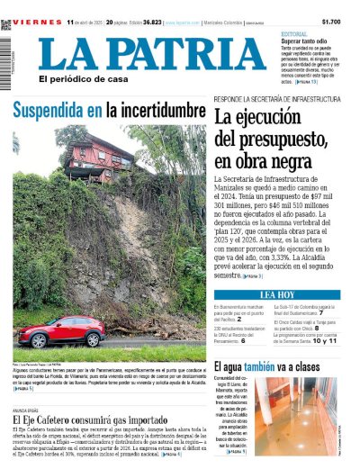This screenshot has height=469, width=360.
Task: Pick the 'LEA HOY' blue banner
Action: point(276,294)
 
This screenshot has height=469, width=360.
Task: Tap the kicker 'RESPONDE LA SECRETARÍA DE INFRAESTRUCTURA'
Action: point(268,100)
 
